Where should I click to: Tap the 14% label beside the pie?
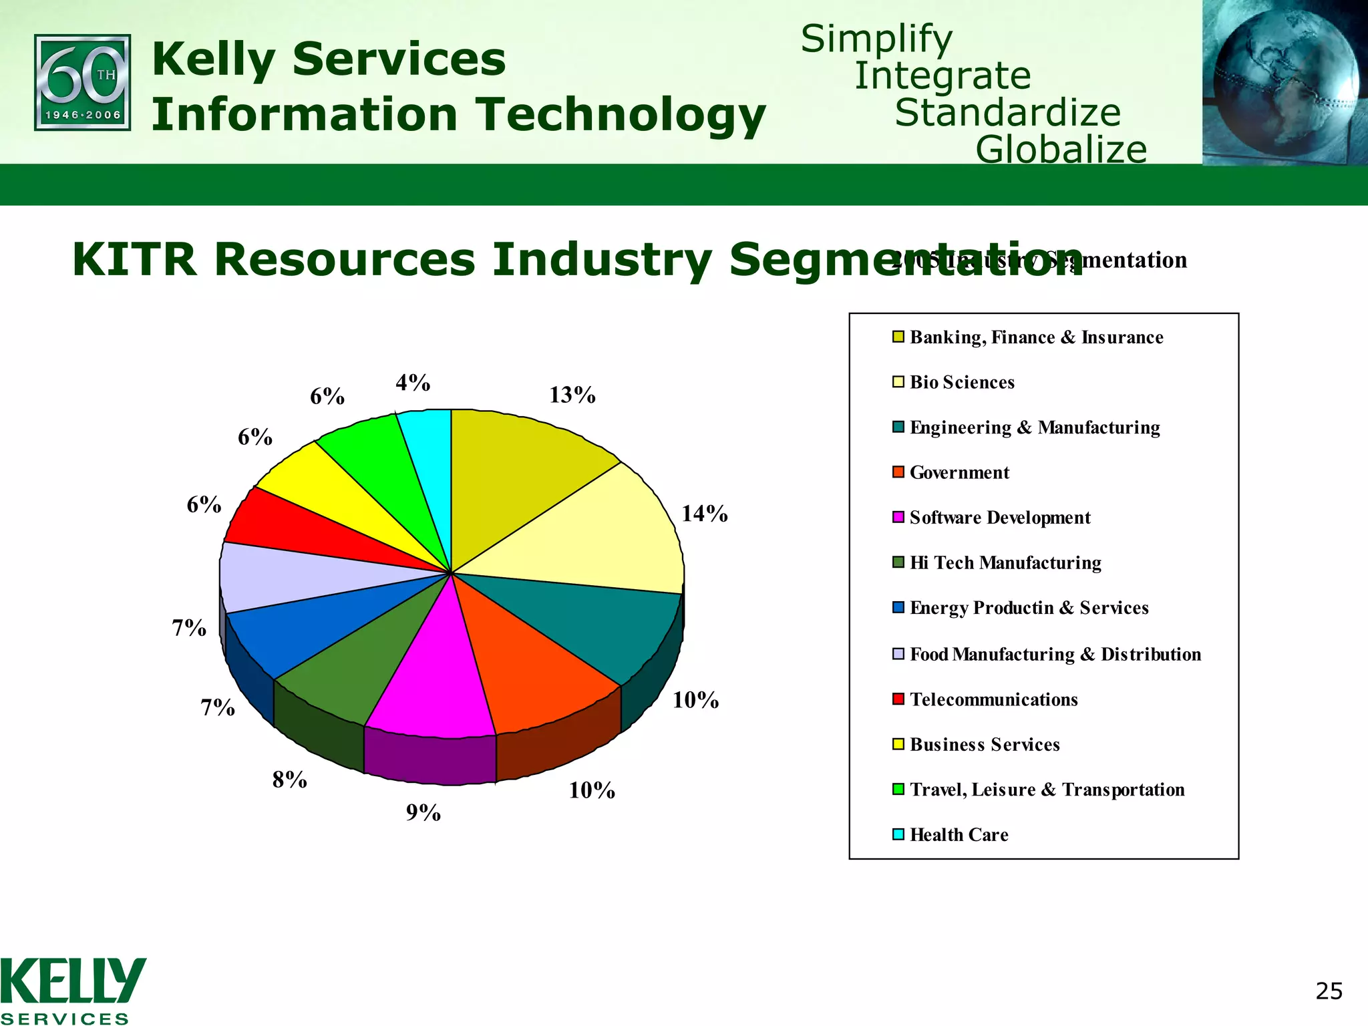coord(704,514)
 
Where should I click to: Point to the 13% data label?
coord(572,395)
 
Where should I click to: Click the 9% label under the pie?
coord(423,812)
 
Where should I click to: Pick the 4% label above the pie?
coord(412,383)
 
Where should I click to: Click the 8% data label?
coord(289,780)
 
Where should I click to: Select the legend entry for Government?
coord(959,473)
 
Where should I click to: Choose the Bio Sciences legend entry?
coord(961,383)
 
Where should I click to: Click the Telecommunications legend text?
coord(993,699)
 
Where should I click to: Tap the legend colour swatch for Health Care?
coord(898,834)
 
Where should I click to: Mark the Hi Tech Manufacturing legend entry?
coord(1005,563)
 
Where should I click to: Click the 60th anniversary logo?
coord(82,82)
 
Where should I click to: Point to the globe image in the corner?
coord(1284,81)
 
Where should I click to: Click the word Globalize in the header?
coord(1061,149)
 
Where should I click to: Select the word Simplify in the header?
coord(876,39)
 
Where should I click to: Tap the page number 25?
coord(1328,991)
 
